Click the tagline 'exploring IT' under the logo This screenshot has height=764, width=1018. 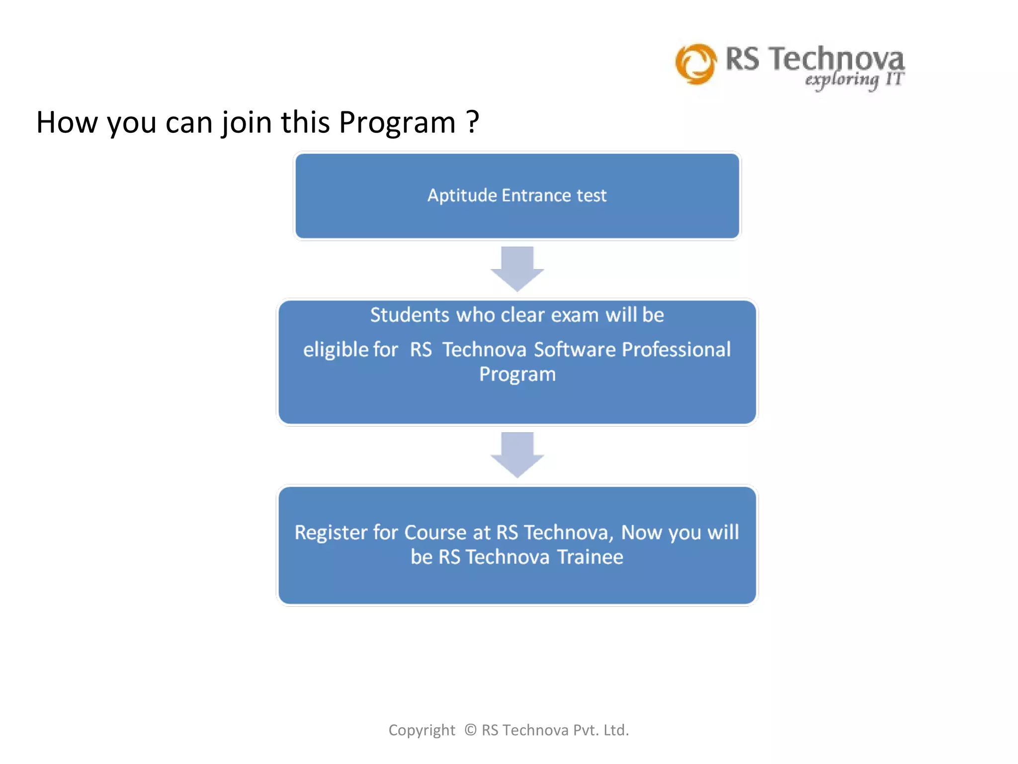tap(854, 80)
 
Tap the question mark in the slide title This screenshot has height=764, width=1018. tap(473, 122)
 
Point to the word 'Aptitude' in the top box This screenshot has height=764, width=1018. tap(462, 195)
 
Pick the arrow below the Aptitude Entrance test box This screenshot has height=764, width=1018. tap(517, 269)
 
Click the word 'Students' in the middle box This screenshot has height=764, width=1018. tap(410, 315)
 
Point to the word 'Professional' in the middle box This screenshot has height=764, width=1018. tap(676, 350)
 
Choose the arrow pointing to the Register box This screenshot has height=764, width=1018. tap(517, 455)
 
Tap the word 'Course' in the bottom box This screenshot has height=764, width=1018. tap(435, 533)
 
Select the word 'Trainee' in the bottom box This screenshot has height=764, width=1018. tap(590, 557)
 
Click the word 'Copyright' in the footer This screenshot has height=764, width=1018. tap(422, 730)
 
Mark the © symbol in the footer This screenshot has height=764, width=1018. tap(470, 730)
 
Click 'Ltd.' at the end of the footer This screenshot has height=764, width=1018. tap(616, 730)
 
